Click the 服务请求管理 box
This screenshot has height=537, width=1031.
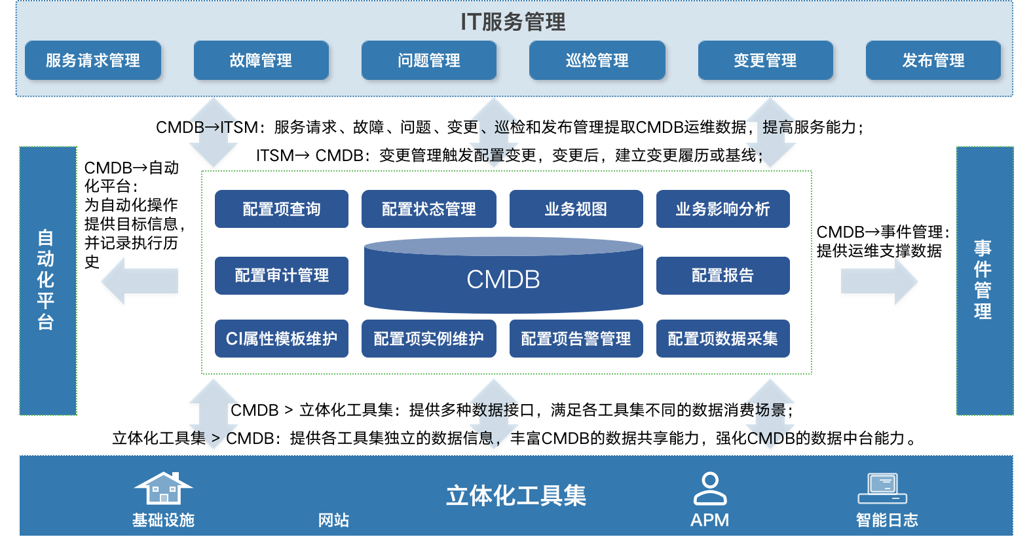tap(93, 61)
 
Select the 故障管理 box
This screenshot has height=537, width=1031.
tap(261, 61)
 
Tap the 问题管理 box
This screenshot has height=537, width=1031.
tap(429, 61)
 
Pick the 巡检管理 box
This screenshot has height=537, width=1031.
tap(597, 61)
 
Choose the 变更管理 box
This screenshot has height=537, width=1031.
tap(765, 61)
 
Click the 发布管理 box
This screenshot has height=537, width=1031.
tap(933, 61)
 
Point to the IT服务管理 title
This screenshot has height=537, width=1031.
tap(513, 22)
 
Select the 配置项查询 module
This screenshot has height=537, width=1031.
tap(282, 209)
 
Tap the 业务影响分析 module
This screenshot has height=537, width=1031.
tap(722, 209)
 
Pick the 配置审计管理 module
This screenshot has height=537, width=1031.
tap(282, 275)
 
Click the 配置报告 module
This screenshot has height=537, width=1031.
tap(722, 275)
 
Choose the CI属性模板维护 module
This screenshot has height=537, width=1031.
tap(282, 339)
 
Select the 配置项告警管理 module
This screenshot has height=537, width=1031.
tap(576, 339)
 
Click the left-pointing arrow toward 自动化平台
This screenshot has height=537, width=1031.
tap(140, 282)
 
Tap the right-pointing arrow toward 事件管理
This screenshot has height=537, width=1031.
tap(879, 282)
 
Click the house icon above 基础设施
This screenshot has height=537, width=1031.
tap(163, 488)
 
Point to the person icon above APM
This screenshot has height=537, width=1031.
tap(710, 489)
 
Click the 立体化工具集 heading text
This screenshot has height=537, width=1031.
tap(516, 496)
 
